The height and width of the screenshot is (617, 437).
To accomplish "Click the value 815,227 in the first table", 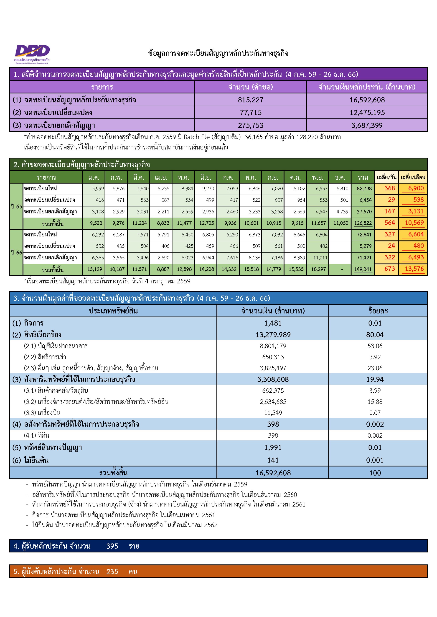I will [x=251, y=100].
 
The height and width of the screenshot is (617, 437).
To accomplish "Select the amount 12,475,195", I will [x=367, y=113].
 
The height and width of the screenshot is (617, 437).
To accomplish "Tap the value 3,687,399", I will [x=367, y=125].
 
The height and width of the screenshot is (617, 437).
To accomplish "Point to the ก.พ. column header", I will [x=116, y=178].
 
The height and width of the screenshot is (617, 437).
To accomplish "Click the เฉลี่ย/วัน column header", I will [x=386, y=178].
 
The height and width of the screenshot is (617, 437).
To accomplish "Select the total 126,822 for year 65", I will [x=363, y=223].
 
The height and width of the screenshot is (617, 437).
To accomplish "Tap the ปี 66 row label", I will [x=16, y=252].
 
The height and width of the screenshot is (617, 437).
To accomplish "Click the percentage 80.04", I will [x=375, y=335].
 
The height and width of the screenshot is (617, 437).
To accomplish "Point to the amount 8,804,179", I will [x=273, y=346].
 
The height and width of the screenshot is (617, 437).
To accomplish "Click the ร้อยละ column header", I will [x=378, y=311].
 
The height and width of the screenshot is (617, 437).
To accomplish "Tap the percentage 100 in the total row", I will [x=375, y=473].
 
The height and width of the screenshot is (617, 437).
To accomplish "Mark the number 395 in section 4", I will [x=112, y=546].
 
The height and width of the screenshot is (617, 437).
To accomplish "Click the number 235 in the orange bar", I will [x=112, y=572].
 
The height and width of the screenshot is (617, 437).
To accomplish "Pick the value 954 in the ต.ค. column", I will [x=301, y=200].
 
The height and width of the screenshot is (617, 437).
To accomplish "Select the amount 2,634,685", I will [x=273, y=402].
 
